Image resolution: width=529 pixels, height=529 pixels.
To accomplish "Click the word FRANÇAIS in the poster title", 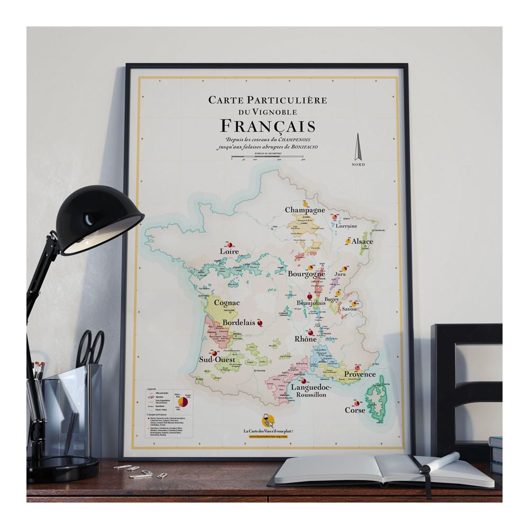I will (267, 126).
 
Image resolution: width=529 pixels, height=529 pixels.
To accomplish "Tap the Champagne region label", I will (305, 210).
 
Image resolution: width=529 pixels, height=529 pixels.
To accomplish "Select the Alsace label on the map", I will (363, 241).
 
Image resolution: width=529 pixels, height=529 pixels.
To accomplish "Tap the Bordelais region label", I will (239, 322).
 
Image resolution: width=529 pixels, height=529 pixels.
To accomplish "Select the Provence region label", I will (360, 375).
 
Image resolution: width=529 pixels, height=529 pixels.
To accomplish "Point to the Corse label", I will (355, 409).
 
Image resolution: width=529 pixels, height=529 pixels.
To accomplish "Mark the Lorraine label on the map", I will (347, 225).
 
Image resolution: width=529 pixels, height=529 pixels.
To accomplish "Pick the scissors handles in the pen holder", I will (91, 348).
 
